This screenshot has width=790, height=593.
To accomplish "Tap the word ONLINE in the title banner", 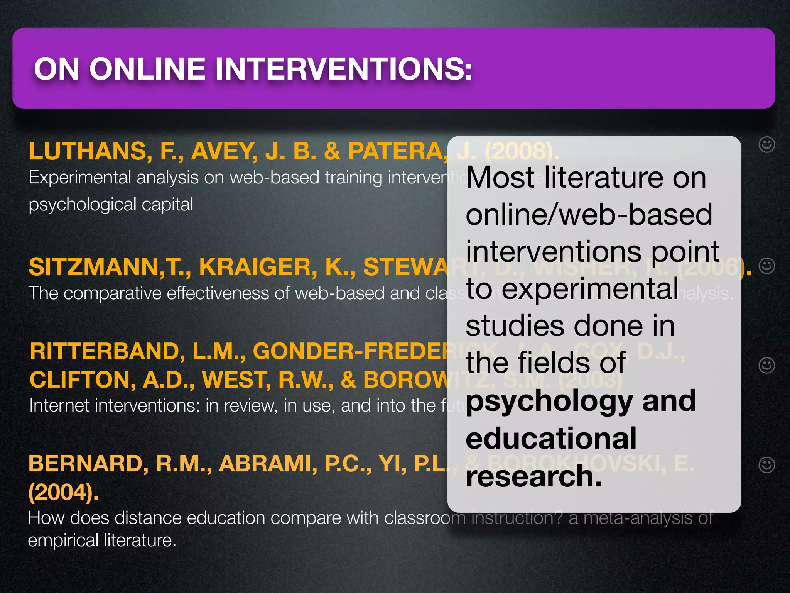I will tap(147, 69).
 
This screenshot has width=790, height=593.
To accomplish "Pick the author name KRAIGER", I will tap(258, 267).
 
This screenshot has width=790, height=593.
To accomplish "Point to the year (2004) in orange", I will tap(63, 492).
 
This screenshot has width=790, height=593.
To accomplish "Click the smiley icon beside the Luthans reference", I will tap(766, 145).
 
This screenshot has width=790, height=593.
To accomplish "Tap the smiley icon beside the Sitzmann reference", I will tap(766, 266).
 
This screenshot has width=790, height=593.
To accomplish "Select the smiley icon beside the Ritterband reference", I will tap(766, 365).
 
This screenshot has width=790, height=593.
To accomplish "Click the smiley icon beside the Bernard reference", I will tap(766, 465).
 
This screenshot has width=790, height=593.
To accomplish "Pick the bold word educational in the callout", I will tap(551, 439).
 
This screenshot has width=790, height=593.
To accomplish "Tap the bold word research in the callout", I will tap(533, 476).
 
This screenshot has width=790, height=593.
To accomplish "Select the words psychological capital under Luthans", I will tap(111, 205).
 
